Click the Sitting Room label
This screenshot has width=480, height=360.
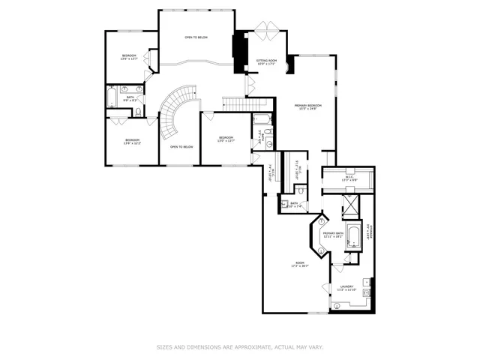coord(266,61)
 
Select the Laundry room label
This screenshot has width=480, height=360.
coord(346,287)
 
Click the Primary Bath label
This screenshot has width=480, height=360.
coord(333,235)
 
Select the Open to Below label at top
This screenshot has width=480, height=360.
coord(196,37)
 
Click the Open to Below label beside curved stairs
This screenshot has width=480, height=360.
coord(181,147)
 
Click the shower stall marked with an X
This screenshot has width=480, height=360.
coord(351,205)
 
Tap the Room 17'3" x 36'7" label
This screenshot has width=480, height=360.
coord(301,264)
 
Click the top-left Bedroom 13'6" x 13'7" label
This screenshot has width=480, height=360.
coord(130,58)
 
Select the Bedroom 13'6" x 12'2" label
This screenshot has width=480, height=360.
coord(132,142)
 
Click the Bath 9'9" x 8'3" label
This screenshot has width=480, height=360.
coord(130,98)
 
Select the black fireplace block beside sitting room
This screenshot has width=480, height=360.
coord(240,52)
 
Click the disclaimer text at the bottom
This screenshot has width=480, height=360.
coord(239,347)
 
